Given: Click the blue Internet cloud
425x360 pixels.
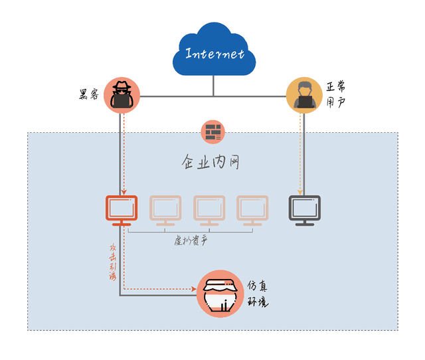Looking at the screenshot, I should (x=214, y=50).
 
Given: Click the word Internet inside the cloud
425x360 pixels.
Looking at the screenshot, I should (x=214, y=54).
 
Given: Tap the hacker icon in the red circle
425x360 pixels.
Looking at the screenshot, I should (x=122, y=94).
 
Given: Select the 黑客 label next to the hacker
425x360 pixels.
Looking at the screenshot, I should (x=88, y=95).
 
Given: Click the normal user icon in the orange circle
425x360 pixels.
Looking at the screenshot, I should (x=303, y=94).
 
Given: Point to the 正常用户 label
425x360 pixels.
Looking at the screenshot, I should (x=335, y=95).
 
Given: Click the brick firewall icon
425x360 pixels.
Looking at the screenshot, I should (x=213, y=132).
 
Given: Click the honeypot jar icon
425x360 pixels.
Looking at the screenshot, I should (x=220, y=292).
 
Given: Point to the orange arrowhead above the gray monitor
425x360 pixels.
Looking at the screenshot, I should (x=301, y=193).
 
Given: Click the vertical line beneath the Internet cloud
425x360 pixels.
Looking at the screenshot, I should (x=214, y=85).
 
